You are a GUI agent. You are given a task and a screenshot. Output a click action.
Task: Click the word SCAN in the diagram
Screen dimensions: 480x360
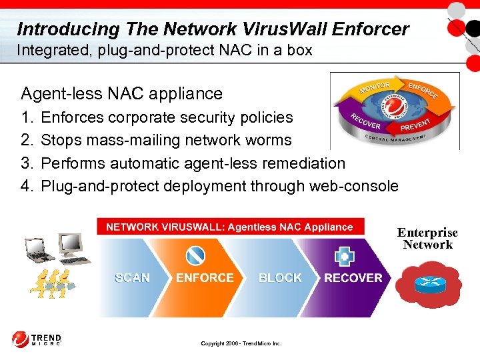pyautogui.click(x=132, y=278)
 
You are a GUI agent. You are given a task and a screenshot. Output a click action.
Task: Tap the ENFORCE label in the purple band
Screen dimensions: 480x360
pyautogui.click(x=205, y=278)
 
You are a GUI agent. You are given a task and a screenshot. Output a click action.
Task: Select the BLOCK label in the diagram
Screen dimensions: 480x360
pyautogui.click(x=280, y=278)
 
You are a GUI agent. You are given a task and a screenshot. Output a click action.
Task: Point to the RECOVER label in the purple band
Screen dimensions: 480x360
pyautogui.click(x=353, y=278)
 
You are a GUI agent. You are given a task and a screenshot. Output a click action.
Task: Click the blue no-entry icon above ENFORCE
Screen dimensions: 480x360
pyautogui.click(x=195, y=256)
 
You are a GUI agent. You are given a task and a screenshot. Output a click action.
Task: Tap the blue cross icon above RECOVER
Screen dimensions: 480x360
pyautogui.click(x=345, y=257)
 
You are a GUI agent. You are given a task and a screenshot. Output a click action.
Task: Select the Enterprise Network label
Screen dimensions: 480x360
pyautogui.click(x=427, y=239)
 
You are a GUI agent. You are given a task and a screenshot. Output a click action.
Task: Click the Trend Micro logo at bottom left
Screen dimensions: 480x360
pyautogui.click(x=37, y=339)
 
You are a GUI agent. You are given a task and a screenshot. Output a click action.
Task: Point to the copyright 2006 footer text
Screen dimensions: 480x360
pyautogui.click(x=241, y=343)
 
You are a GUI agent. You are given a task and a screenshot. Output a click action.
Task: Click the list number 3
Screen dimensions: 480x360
pyautogui.click(x=27, y=163)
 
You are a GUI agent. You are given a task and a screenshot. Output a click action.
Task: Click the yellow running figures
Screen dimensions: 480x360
pyautogui.click(x=50, y=283)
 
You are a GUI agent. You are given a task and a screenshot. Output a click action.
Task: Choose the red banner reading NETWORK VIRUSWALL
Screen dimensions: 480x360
pyautogui.click(x=230, y=227)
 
